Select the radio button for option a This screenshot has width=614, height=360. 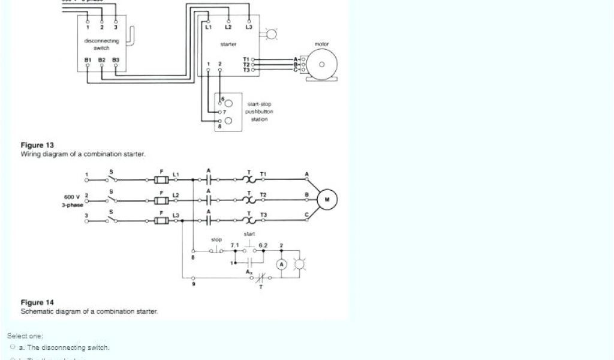pyautogui.click(x=13, y=347)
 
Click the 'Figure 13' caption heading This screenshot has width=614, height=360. pyautogui.click(x=37, y=145)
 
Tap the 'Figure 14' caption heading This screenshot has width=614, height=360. pyautogui.click(x=37, y=302)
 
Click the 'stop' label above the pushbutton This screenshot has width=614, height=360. pyautogui.click(x=216, y=239)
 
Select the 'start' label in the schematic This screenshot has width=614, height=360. pyautogui.click(x=249, y=233)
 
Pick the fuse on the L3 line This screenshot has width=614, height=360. pyautogui.click(x=160, y=220)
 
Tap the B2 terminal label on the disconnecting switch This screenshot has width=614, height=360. pyautogui.click(x=101, y=60)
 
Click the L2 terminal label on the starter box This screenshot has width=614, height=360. pyautogui.click(x=228, y=28)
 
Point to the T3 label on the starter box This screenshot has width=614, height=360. pyautogui.click(x=246, y=70)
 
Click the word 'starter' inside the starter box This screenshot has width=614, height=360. pyautogui.click(x=228, y=44)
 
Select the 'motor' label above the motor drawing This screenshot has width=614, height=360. pyautogui.click(x=322, y=44)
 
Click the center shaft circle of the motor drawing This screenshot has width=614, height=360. pyautogui.click(x=322, y=64)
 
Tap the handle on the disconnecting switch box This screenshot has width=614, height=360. pyautogui.click(x=133, y=38)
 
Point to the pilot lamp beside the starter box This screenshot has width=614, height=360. pyautogui.click(x=272, y=34)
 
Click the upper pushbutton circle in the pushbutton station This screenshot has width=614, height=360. pyautogui.click(x=228, y=103)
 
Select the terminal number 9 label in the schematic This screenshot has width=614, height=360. pyautogui.click(x=193, y=283)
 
